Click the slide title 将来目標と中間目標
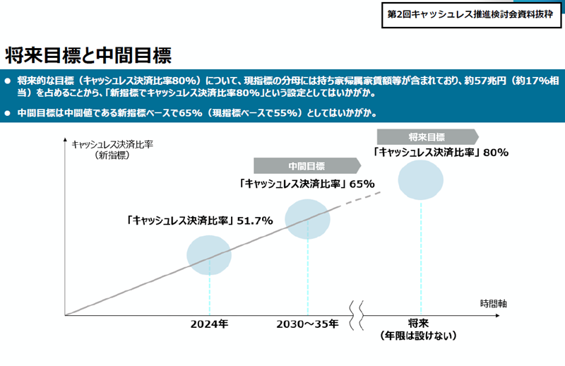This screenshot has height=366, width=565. coord(89,54)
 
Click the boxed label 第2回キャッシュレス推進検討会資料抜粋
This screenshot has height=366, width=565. coord(471,14)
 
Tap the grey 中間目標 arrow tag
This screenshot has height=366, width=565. coord(307,166)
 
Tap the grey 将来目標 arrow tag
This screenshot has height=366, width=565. coord(427,136)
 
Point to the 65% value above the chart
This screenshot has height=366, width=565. coord(361,184)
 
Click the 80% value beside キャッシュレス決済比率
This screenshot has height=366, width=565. coord(496,152)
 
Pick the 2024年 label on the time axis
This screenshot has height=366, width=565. coord(210,324)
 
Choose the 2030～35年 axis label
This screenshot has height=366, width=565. coord(308,324)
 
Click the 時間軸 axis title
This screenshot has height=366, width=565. coord(493,304)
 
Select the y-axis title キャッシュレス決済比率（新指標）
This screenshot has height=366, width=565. coord(113,150)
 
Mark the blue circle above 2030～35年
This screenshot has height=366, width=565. coord(308,220)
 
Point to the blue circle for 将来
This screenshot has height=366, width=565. coord(422,180)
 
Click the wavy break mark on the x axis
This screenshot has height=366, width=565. coord(357,310)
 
